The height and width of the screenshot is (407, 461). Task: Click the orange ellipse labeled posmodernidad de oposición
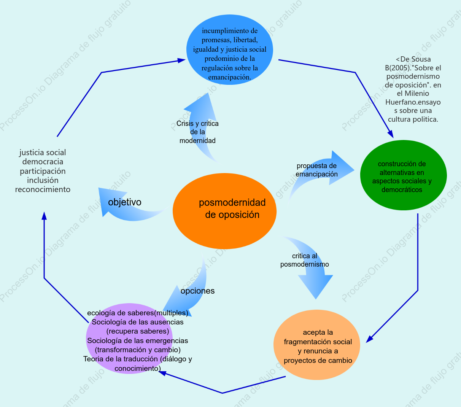click(x=224, y=211)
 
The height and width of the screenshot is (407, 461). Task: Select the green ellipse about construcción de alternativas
click(x=404, y=175)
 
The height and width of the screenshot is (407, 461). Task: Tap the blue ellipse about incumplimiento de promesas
click(x=230, y=49)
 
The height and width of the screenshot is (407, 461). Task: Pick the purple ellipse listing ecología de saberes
click(x=129, y=339)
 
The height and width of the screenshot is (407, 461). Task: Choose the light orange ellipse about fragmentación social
click(x=317, y=345)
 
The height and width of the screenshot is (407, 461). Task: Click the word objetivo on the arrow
click(x=125, y=202)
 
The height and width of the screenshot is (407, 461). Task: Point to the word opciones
click(x=197, y=291)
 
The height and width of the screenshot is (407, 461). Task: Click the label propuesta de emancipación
click(x=316, y=170)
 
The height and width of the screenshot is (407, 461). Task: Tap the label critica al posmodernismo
click(x=304, y=260)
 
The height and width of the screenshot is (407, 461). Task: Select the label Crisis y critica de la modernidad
click(x=197, y=132)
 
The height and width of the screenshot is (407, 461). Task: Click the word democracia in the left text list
click(x=43, y=162)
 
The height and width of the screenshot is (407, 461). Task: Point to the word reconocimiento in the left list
click(x=43, y=189)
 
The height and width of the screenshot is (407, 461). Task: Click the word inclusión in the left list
click(x=43, y=180)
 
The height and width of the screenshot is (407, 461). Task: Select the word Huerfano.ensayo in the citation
click(x=413, y=102)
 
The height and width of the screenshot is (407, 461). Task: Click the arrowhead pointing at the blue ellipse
click(x=181, y=60)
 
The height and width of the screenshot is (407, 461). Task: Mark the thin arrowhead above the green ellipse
click(x=391, y=134)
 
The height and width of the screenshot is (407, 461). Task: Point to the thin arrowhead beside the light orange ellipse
click(x=369, y=339)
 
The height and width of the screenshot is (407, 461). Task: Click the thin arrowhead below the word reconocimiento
click(x=44, y=216)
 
